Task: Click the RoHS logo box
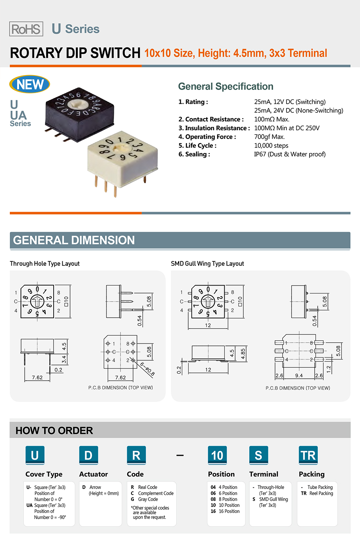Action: pyautogui.click(x=26, y=29)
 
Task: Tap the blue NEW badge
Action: pyautogui.click(x=30, y=84)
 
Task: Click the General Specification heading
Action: pyautogui.click(x=226, y=86)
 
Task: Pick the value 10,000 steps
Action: pyautogui.click(x=271, y=146)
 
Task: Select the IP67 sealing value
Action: pyautogui.click(x=290, y=154)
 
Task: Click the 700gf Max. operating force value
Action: pyautogui.click(x=269, y=137)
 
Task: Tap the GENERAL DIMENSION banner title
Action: pyautogui.click(x=74, y=240)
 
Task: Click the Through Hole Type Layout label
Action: pyautogui.click(x=45, y=264)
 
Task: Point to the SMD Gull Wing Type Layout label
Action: pyautogui.click(x=207, y=264)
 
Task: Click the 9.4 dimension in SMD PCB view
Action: pyautogui.click(x=299, y=376)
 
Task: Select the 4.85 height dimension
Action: pyautogui.click(x=243, y=354)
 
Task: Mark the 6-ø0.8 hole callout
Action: pyautogui.click(x=148, y=369)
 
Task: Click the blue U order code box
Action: pyautogui.click(x=35, y=455)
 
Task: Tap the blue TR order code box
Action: pyautogui.click(x=308, y=455)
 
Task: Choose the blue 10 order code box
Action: pyautogui.click(x=217, y=455)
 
